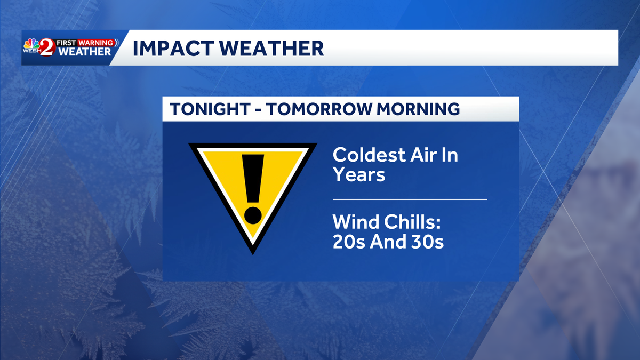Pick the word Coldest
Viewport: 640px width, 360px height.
(369, 155)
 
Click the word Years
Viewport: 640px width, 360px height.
(359, 174)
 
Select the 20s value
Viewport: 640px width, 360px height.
(348, 242)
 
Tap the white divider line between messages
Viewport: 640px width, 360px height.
(410, 199)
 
